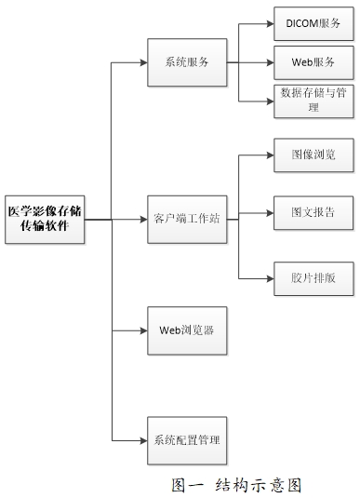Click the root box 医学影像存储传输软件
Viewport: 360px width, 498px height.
point(45,220)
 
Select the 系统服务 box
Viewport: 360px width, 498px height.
point(186,63)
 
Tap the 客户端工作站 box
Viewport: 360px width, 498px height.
point(186,220)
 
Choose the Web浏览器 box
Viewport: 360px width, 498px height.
point(186,330)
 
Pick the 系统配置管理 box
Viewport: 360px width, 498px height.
point(186,439)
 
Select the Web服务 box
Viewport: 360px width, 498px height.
point(313,61)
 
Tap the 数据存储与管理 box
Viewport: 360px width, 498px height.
point(313,101)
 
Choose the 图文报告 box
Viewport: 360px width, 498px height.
point(313,213)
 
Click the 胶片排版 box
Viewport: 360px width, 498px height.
point(313,277)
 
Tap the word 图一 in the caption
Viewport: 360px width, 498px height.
point(190,484)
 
